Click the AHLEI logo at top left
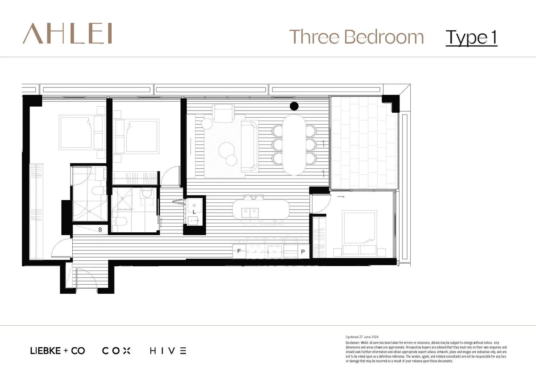67,34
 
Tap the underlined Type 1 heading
471,38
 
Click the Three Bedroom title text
356,37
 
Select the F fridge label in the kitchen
239,251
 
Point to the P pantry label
303,252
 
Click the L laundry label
194,212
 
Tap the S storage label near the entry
100,230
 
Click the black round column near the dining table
294,106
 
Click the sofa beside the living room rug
249,146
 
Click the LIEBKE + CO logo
58,351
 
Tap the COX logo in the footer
116,351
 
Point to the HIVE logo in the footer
168,351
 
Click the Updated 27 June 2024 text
362,337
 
